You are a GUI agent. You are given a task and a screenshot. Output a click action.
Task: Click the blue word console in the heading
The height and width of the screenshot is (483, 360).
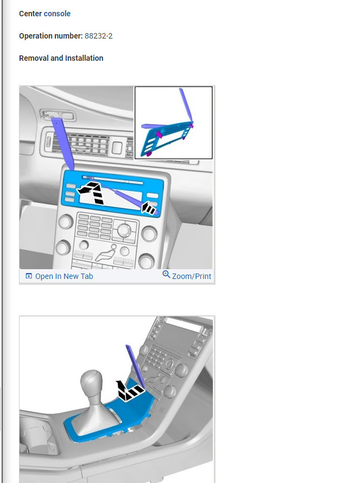[57, 14]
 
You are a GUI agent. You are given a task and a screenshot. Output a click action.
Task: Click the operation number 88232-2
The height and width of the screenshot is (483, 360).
[99, 36]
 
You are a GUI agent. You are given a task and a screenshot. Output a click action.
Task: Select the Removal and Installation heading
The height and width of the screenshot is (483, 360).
[61, 58]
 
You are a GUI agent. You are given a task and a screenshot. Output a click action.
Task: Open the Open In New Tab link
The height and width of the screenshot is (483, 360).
[64, 276]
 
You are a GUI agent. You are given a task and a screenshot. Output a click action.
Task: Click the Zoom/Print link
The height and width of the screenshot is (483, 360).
[192, 276]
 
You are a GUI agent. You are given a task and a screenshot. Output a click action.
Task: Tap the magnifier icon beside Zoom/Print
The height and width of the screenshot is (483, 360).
[166, 275]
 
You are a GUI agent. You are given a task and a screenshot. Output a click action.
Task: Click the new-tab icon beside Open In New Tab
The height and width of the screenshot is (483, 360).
[29, 276]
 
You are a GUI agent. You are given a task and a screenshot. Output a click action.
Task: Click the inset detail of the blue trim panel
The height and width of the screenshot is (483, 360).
[173, 123]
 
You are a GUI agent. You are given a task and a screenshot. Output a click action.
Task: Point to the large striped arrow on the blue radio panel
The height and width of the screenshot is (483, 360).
[91, 192]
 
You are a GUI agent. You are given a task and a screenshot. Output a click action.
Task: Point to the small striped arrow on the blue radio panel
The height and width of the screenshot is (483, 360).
[148, 208]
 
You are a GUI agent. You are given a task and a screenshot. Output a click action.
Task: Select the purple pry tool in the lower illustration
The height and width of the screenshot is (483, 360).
[135, 364]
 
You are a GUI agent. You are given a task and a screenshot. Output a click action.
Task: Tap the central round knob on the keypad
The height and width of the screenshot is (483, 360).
[125, 231]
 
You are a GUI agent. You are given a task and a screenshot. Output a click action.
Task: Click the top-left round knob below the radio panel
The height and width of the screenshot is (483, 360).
[65, 222]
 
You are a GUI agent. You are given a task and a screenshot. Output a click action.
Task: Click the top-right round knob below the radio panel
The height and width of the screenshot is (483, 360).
[148, 234]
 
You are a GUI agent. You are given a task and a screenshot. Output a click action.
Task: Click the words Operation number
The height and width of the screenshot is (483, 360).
[50, 36]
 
